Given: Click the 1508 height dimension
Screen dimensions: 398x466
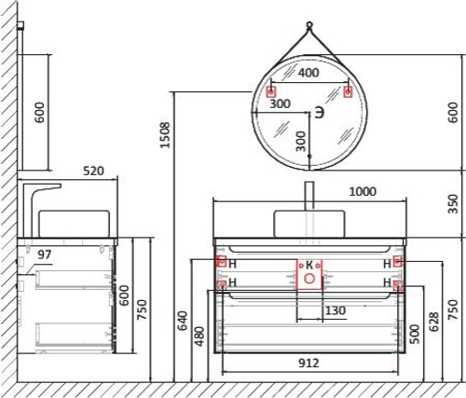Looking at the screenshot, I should click(165, 137).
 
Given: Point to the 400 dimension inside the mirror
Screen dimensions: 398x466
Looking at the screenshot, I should click(308, 73).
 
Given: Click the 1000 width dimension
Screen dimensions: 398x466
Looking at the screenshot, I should click(362, 191).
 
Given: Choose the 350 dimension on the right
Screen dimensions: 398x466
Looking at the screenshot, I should click(453, 203).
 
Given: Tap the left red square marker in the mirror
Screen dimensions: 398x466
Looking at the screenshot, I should click(271, 91).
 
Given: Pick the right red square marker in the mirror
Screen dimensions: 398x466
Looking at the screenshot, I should click(348, 91).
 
